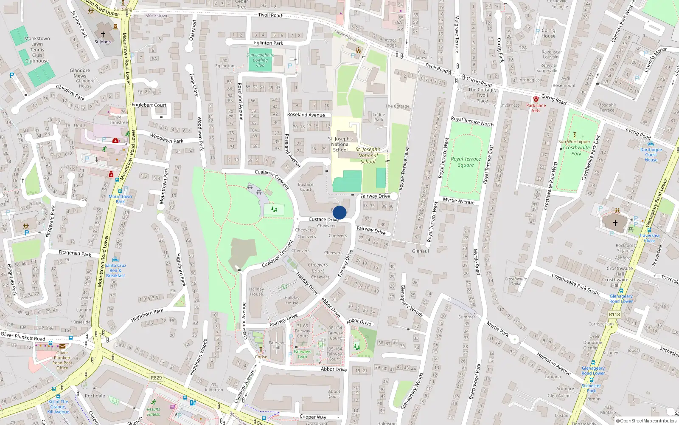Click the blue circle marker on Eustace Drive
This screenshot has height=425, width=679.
click(x=339, y=212)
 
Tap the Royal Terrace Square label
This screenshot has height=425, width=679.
click(x=466, y=162)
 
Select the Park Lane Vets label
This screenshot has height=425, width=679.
click(x=536, y=108)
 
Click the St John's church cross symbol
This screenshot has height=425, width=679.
click(x=103, y=34)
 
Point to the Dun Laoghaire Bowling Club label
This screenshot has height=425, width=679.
click(x=260, y=60)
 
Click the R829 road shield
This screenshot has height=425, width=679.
click(x=156, y=377)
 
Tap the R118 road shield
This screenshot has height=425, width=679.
click(x=614, y=314)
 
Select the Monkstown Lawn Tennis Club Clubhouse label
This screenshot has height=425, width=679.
click(x=37, y=50)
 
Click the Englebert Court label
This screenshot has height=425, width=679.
click(x=149, y=105)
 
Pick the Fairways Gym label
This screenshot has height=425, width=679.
click(x=302, y=354)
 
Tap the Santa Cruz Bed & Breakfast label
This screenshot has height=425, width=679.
click(x=115, y=270)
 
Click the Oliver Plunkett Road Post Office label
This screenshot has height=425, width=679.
click(x=62, y=360)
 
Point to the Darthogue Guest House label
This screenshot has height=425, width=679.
click(x=651, y=155)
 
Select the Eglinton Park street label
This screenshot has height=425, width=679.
click(x=269, y=43)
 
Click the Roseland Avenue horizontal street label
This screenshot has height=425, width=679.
click(x=306, y=115)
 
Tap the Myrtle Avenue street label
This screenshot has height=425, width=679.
click(x=458, y=201)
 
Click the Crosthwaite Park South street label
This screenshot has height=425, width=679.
click(x=575, y=284)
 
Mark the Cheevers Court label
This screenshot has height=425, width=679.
click(x=318, y=268)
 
